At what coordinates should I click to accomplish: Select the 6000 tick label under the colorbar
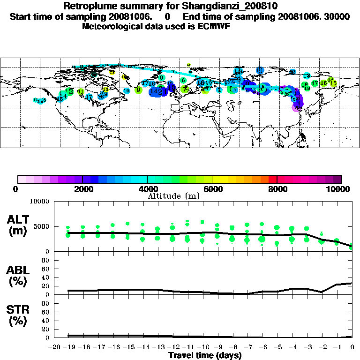pos(212,189)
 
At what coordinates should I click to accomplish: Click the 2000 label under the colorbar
pos(82,189)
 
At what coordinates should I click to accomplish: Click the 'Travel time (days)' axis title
pos(205,356)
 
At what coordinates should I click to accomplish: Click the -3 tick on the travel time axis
pos(307,347)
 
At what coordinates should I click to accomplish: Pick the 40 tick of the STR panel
pos(46,320)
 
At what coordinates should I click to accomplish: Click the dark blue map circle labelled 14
pos(154,91)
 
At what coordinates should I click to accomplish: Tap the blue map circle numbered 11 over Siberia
pos(260,70)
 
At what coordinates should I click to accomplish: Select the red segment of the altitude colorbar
pos(272,179)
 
